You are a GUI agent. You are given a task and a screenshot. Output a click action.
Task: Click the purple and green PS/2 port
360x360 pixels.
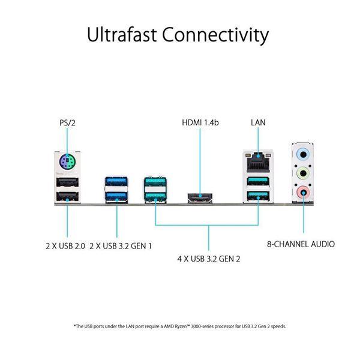67,161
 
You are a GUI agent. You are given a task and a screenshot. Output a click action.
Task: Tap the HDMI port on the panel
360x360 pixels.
200,198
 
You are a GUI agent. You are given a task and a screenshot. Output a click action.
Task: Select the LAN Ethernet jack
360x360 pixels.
258,162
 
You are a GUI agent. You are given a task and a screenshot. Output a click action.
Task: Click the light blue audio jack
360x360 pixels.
303,155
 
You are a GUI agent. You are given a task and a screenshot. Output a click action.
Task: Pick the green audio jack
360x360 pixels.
303,173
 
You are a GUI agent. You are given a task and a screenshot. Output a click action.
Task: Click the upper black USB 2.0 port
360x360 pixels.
67,182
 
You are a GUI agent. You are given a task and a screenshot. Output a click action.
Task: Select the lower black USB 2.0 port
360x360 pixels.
67,196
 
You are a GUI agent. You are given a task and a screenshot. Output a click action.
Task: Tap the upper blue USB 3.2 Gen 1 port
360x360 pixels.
116,181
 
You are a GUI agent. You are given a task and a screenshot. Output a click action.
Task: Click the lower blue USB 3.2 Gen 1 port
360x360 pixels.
116,196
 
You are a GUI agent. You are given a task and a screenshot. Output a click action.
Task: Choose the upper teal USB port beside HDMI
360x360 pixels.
155,181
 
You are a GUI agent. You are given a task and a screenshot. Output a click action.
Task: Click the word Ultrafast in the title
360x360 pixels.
122,34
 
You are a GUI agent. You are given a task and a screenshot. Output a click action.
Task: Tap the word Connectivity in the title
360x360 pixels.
215,35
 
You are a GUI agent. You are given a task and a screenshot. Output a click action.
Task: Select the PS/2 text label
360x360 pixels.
67,123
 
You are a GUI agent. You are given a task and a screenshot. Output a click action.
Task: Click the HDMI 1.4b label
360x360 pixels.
200,122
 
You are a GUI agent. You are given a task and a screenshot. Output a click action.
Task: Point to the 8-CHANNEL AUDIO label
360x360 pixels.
301,244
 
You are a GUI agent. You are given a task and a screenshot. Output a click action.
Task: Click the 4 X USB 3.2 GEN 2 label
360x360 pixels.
209,259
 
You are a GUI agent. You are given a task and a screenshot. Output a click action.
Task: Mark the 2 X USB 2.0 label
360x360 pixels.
65,246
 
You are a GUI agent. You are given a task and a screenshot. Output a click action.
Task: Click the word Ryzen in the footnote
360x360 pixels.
182,326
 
